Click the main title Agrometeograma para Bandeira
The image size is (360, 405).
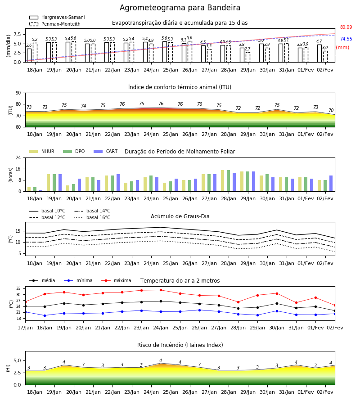click(x=180, y=8)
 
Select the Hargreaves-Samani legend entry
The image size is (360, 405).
click(x=57, y=17)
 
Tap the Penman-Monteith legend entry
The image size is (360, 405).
click(x=55, y=24)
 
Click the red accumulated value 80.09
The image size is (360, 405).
click(x=346, y=27)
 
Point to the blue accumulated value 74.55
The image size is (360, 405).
click(x=346, y=39)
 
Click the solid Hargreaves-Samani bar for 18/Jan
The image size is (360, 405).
click(x=29, y=55)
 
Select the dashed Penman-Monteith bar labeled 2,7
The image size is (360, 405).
click(x=248, y=57)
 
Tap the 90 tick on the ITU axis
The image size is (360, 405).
click(x=18, y=93)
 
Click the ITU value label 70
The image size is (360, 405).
click(x=331, y=110)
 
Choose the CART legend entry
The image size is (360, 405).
click(x=106, y=151)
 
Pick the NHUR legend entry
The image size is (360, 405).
click(x=42, y=151)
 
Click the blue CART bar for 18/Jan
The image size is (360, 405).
click(x=41, y=191)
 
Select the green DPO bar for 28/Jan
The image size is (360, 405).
click(x=228, y=181)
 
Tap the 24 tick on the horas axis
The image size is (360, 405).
click(x=18, y=157)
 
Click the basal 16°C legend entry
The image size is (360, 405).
click(x=92, y=217)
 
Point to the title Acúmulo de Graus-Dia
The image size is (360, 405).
click(x=180, y=216)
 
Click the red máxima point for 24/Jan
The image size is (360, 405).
click(x=161, y=290)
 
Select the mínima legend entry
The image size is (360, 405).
click(x=78, y=280)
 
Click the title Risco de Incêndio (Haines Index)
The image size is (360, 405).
click(x=180, y=345)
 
